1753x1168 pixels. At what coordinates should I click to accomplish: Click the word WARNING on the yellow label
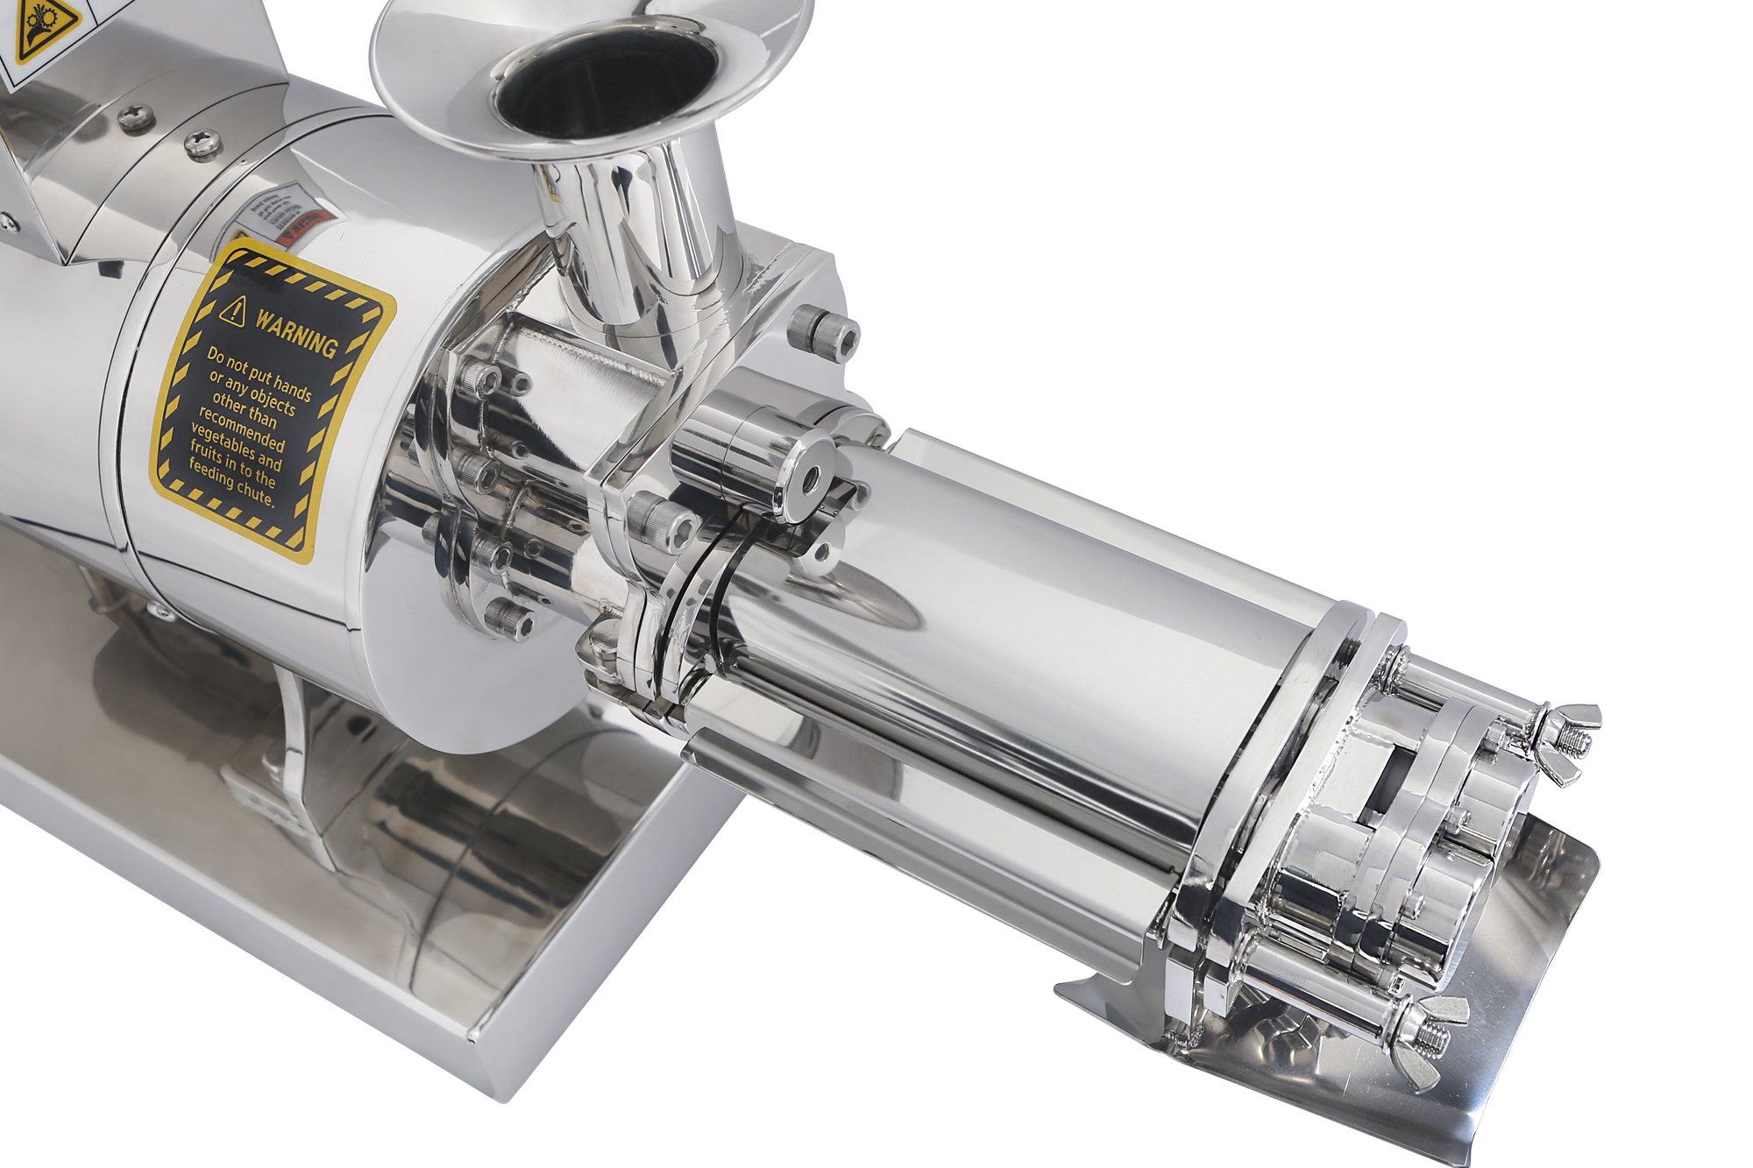(296, 333)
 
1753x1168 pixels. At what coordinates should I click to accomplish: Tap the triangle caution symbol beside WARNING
(233, 310)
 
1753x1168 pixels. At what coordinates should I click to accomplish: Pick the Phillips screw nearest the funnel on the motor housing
(202, 144)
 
